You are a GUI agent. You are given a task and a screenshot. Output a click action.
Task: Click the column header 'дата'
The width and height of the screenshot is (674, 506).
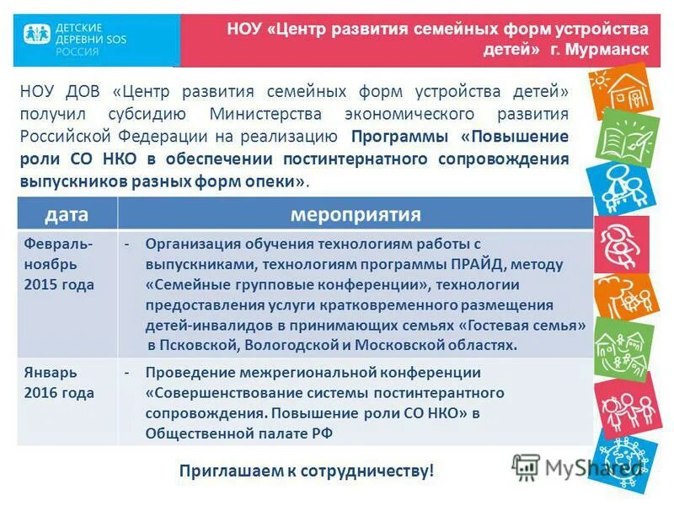[x=67, y=213]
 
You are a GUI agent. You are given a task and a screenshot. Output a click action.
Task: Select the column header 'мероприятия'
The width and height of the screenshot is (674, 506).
[x=355, y=213]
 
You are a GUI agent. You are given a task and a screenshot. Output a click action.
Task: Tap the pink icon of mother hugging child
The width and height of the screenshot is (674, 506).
[x=622, y=244]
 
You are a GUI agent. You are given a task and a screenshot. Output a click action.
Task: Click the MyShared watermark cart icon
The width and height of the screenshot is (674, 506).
[x=526, y=466]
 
